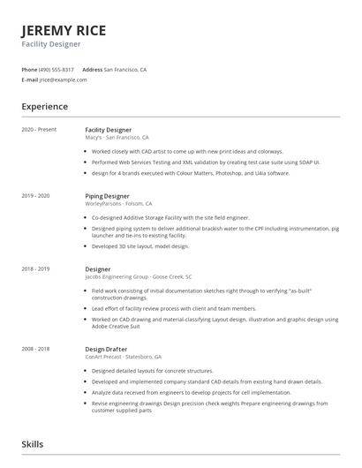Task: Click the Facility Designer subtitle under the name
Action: pyautogui.click(x=51, y=43)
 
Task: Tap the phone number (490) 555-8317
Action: pyautogui.click(x=57, y=69)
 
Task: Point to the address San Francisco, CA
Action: pyautogui.click(x=125, y=69)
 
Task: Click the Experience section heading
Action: pyautogui.click(x=45, y=107)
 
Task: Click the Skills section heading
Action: pyautogui.click(x=32, y=444)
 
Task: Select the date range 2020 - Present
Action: pyautogui.click(x=40, y=130)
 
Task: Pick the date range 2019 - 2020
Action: pyautogui.click(x=36, y=195)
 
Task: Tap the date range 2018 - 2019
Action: pyautogui.click(x=36, y=268)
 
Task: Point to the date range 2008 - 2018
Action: pyautogui.click(x=36, y=349)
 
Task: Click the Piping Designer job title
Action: pyautogui.click(x=107, y=195)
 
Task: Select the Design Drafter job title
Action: pyautogui.click(x=107, y=349)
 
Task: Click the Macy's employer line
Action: pyautogui.click(x=117, y=138)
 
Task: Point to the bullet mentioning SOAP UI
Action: pyautogui.click(x=181, y=162)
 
